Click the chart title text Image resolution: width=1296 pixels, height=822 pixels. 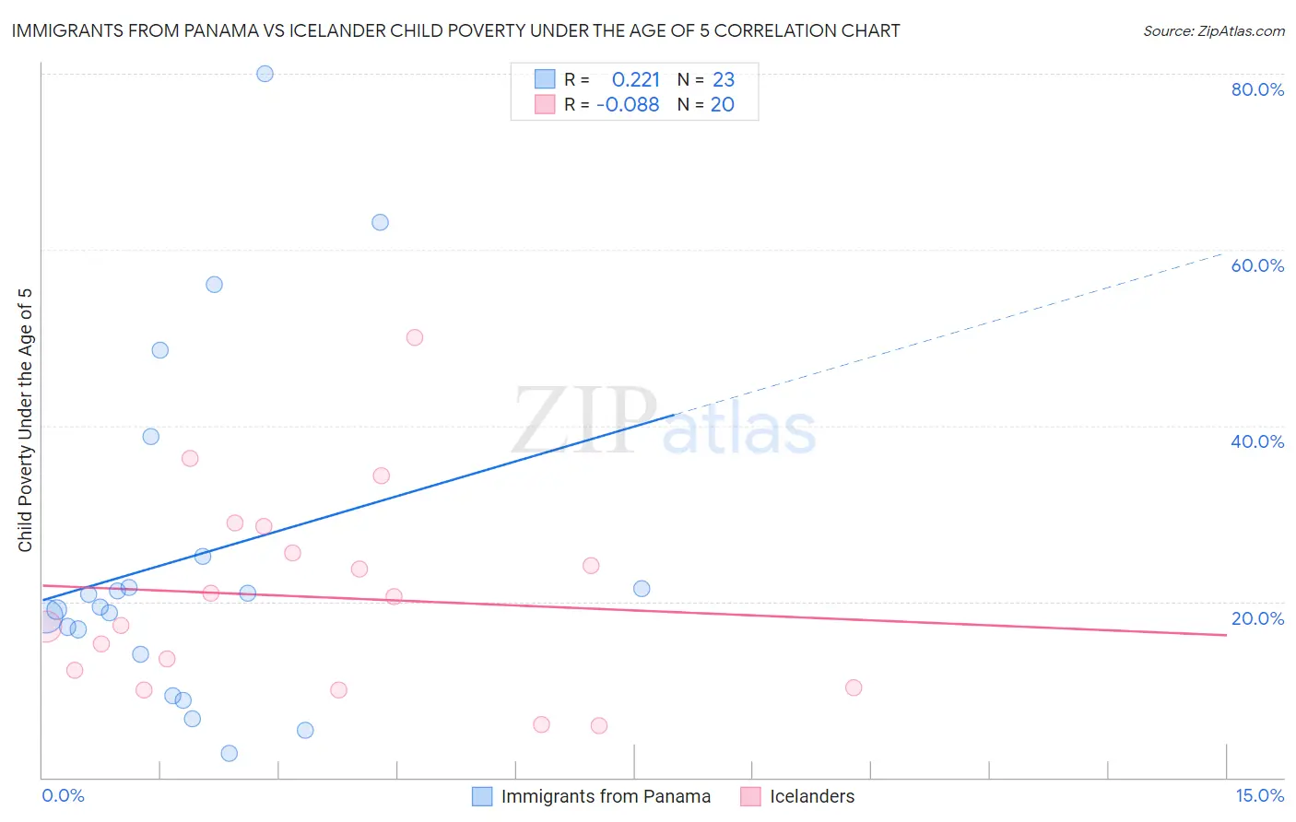click(455, 30)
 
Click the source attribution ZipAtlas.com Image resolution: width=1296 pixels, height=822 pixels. click(1213, 30)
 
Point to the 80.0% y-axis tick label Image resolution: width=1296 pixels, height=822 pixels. click(1257, 89)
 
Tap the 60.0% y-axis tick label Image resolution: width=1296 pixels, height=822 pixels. click(1257, 265)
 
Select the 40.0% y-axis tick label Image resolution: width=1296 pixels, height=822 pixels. click(1257, 441)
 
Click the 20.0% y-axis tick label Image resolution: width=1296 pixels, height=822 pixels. click(1257, 618)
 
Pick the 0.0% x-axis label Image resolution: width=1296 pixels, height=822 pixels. click(63, 795)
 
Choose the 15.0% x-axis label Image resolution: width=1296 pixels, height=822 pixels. click(1259, 795)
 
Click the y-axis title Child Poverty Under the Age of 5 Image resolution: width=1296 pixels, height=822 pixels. click(25, 420)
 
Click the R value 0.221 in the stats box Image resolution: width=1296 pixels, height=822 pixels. click(636, 80)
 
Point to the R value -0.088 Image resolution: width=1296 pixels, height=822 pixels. click(628, 105)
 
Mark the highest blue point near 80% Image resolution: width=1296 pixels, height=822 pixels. click(265, 74)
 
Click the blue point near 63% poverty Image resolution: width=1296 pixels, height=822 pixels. click(380, 222)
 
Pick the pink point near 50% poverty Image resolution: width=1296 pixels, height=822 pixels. click(415, 337)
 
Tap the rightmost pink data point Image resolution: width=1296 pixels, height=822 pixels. click(854, 687)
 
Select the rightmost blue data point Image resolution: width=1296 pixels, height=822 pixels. click(642, 588)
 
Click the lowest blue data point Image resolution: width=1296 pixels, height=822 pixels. click(230, 753)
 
